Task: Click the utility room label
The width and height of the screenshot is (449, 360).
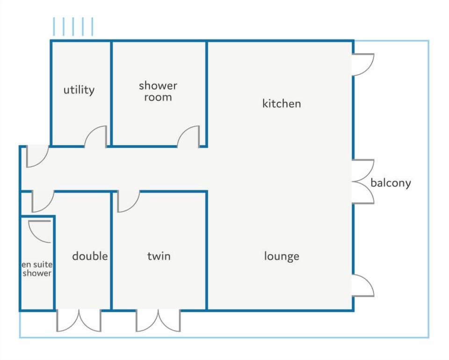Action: click(x=79, y=90)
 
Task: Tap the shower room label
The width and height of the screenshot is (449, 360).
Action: click(x=158, y=91)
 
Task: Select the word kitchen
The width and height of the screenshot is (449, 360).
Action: click(x=282, y=103)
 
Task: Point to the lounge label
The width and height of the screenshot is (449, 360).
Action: click(x=282, y=256)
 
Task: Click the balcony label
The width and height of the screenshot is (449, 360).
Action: click(x=391, y=183)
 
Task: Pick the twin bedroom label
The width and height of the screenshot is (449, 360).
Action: click(x=159, y=256)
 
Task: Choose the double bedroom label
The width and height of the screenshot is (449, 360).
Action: click(x=90, y=256)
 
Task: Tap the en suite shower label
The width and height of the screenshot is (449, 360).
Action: click(x=37, y=269)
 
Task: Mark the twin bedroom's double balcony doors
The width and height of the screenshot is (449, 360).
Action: click(x=158, y=321)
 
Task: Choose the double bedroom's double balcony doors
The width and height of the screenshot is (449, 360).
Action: click(x=79, y=321)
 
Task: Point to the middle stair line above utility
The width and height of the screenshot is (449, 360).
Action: click(x=73, y=27)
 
